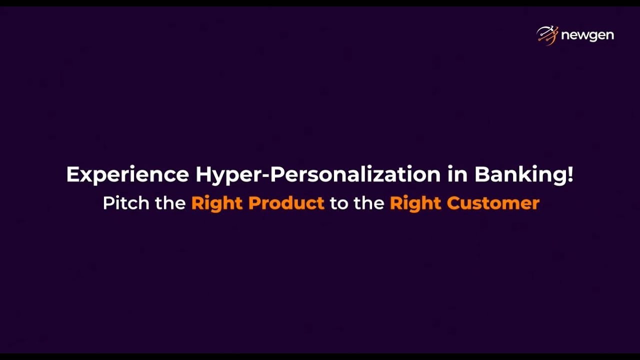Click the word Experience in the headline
coord(127,174)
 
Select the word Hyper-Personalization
coord(318,174)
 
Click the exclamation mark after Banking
coord(570,173)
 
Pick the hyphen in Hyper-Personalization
coord(265,175)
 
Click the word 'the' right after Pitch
coord(170,203)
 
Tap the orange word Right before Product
coord(217,203)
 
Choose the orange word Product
coord(286,203)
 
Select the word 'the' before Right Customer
coord(369,203)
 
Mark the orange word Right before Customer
coord(415,203)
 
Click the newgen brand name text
coord(587,35)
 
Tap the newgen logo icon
coord(547,35)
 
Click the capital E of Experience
coord(72,174)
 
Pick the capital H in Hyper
coord(203,174)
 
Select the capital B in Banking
coord(482,174)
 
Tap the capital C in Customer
coord(454,203)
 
